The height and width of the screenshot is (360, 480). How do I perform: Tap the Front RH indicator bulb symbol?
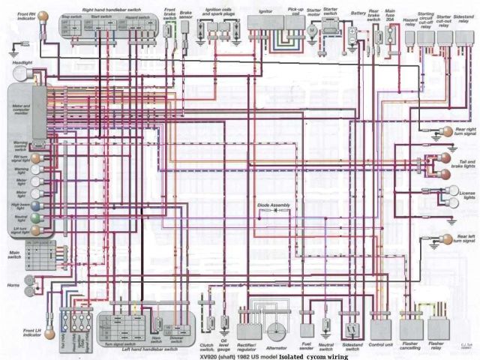(x=43, y=15)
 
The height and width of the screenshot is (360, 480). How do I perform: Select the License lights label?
(x=467, y=196)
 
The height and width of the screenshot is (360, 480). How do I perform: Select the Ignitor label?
(x=265, y=11)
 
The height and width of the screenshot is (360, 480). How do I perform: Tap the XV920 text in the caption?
(x=211, y=357)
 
